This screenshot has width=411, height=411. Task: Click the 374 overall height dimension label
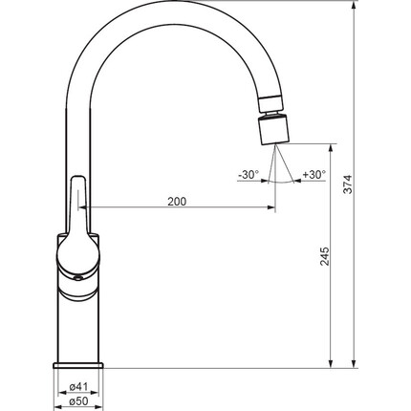(x=348, y=184)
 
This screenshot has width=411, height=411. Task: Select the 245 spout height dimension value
(x=324, y=256)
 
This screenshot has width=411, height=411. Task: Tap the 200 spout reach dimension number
(x=177, y=202)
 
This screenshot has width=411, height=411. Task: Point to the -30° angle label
(x=249, y=175)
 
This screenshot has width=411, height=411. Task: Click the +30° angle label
(x=314, y=174)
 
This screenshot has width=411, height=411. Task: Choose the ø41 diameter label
(x=78, y=387)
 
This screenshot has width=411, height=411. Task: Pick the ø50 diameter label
(x=78, y=401)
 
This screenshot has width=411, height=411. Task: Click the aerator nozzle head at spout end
(x=273, y=129)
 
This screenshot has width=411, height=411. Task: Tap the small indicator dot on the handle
(x=77, y=279)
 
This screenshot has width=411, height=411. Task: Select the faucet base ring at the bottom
(x=78, y=365)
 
